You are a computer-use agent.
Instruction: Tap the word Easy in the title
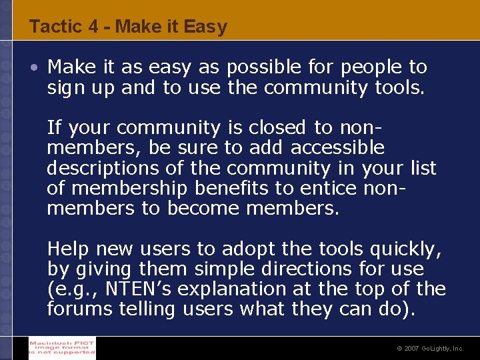[x=205, y=27]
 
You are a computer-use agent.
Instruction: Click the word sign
[x=65, y=87]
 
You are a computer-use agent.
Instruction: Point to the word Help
[x=69, y=249]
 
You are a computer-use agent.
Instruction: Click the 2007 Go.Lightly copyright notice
[x=429, y=349]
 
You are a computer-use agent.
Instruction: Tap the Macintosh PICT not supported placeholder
[x=62, y=348]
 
